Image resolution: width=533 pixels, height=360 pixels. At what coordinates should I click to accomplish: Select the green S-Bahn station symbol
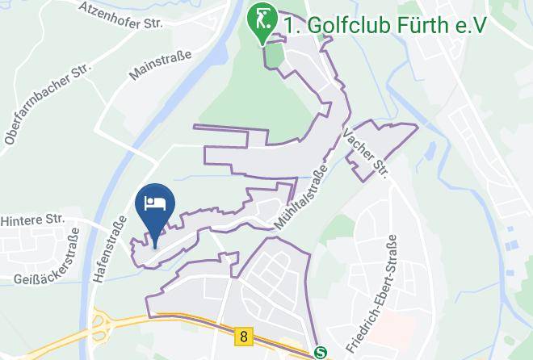[321, 352]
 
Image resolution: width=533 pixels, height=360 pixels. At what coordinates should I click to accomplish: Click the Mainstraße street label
[160, 65]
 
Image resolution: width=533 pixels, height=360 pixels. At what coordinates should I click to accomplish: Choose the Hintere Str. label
[32, 219]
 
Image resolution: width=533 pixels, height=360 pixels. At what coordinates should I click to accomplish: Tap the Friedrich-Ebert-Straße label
[371, 295]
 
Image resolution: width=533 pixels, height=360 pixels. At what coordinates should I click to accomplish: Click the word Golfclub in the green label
[343, 26]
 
